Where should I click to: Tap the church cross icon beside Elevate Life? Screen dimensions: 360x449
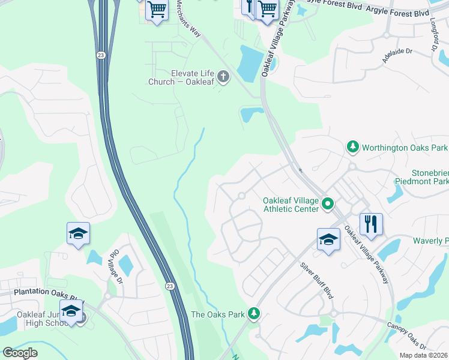click(223, 76)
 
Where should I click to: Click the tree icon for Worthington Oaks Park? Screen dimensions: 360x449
click(353, 147)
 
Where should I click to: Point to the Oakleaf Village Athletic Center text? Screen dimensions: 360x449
click(290, 205)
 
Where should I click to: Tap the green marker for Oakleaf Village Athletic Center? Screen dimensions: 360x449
click(328, 205)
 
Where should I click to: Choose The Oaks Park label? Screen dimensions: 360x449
click(218, 314)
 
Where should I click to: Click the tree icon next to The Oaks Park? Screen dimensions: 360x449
click(255, 313)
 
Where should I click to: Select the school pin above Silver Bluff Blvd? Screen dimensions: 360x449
click(328, 240)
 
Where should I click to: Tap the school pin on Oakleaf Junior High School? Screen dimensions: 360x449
click(71, 311)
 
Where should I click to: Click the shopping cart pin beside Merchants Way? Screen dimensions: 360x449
click(157, 10)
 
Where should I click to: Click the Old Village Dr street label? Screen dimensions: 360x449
click(114, 268)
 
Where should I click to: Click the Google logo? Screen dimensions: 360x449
click(20, 353)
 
